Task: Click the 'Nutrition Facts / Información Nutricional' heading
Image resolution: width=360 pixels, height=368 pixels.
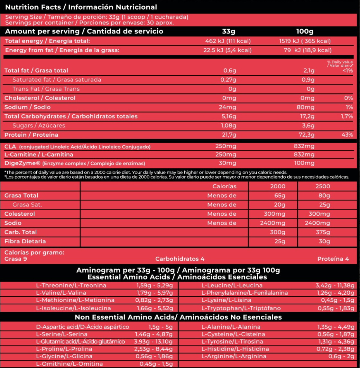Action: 81,7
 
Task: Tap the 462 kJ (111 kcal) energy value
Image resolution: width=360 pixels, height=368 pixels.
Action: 228,41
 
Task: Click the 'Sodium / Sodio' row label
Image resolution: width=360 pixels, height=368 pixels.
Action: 27,107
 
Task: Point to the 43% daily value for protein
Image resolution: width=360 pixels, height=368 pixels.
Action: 347,135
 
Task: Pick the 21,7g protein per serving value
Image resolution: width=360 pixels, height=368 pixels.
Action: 230,135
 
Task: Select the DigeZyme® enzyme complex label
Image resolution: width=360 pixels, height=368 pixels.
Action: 75,163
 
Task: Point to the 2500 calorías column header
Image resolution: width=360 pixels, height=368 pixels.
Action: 323,186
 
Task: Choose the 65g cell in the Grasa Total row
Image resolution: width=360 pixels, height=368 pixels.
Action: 279,195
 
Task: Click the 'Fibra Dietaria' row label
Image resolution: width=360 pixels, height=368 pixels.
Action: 25,241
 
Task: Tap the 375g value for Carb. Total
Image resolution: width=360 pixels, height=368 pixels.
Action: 323,232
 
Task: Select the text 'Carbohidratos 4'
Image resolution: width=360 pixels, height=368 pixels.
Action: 180,259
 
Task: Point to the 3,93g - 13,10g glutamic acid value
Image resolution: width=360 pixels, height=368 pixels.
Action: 153,342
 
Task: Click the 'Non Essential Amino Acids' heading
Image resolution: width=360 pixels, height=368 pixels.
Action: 178,317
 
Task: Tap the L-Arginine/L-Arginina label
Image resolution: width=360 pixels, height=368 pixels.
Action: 234,356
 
